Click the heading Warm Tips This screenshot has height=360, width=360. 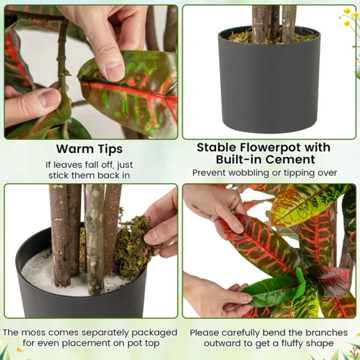click(89, 148)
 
